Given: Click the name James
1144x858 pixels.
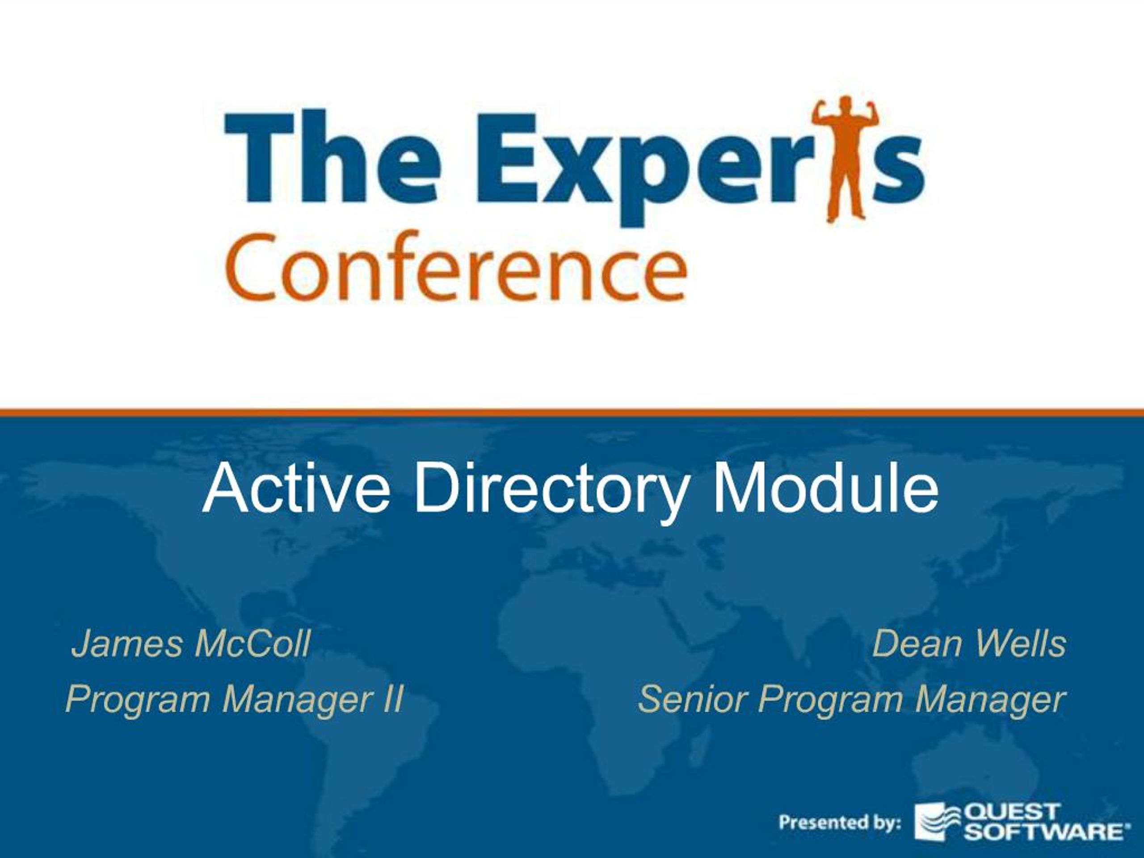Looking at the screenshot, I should (127, 644).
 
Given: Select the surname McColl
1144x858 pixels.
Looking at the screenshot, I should (252, 644).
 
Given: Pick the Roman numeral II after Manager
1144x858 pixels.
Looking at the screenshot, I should (391, 699).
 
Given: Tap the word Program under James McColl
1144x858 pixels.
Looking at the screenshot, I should (138, 700).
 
